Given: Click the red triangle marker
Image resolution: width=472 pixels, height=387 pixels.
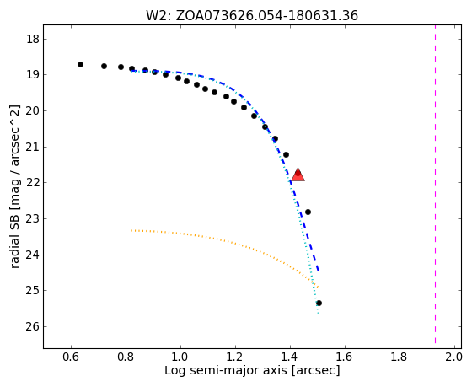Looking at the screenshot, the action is [298, 175].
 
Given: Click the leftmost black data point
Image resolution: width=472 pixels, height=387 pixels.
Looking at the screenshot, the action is [80, 64].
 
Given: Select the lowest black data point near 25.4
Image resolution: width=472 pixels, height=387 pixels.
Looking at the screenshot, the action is [319, 303].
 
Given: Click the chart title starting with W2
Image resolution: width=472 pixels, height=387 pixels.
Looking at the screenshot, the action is [252, 15].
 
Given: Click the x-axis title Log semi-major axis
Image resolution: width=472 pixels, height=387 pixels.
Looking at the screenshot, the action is [252, 370].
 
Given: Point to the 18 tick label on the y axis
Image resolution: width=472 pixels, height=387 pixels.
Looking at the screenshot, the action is [33, 39].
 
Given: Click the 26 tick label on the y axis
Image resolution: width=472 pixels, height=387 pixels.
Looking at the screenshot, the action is [33, 327].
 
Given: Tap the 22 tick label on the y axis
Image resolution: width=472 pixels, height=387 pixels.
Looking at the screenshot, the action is [33, 183].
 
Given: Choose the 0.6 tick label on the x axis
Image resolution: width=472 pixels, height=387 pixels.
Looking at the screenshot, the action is [71, 357].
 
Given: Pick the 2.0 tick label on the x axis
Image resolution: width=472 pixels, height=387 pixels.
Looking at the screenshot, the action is [453, 357].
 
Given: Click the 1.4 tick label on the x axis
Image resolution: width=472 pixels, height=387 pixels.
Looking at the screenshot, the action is [290, 357].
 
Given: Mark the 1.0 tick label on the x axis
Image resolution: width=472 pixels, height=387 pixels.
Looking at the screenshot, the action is [180, 357].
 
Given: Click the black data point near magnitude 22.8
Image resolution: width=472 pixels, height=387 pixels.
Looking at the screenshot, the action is [308, 212].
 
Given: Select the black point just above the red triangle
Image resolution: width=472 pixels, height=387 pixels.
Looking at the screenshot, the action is [287, 155].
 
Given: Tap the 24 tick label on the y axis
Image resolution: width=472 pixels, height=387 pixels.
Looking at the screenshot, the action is [33, 255].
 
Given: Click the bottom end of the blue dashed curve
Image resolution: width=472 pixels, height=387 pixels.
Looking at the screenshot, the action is [319, 271].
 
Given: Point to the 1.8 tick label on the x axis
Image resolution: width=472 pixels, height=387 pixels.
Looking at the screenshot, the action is [400, 357].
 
